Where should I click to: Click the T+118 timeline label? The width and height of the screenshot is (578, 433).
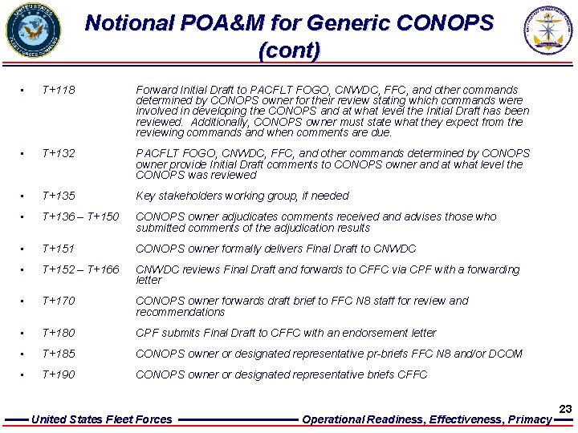click(58, 91)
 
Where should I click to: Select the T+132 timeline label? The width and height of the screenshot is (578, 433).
click(58, 153)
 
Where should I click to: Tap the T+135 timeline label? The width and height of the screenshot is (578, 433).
click(58, 196)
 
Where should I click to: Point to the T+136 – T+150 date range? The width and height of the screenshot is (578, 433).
click(80, 216)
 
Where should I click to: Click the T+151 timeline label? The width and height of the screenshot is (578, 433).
click(58, 249)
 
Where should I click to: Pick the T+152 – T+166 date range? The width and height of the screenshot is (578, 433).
click(80, 269)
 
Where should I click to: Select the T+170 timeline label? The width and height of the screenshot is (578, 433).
click(58, 301)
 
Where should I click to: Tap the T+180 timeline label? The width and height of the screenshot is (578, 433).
click(58, 333)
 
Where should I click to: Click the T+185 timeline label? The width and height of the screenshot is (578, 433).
click(58, 354)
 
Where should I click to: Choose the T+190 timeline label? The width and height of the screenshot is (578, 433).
click(58, 374)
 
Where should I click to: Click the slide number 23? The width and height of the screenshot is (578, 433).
click(565, 409)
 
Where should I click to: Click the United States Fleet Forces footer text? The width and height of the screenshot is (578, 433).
click(101, 419)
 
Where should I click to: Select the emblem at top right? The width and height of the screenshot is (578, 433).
click(549, 30)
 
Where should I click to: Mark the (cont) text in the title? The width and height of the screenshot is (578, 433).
click(289, 51)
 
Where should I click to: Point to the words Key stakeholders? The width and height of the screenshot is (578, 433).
click(173, 196)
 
